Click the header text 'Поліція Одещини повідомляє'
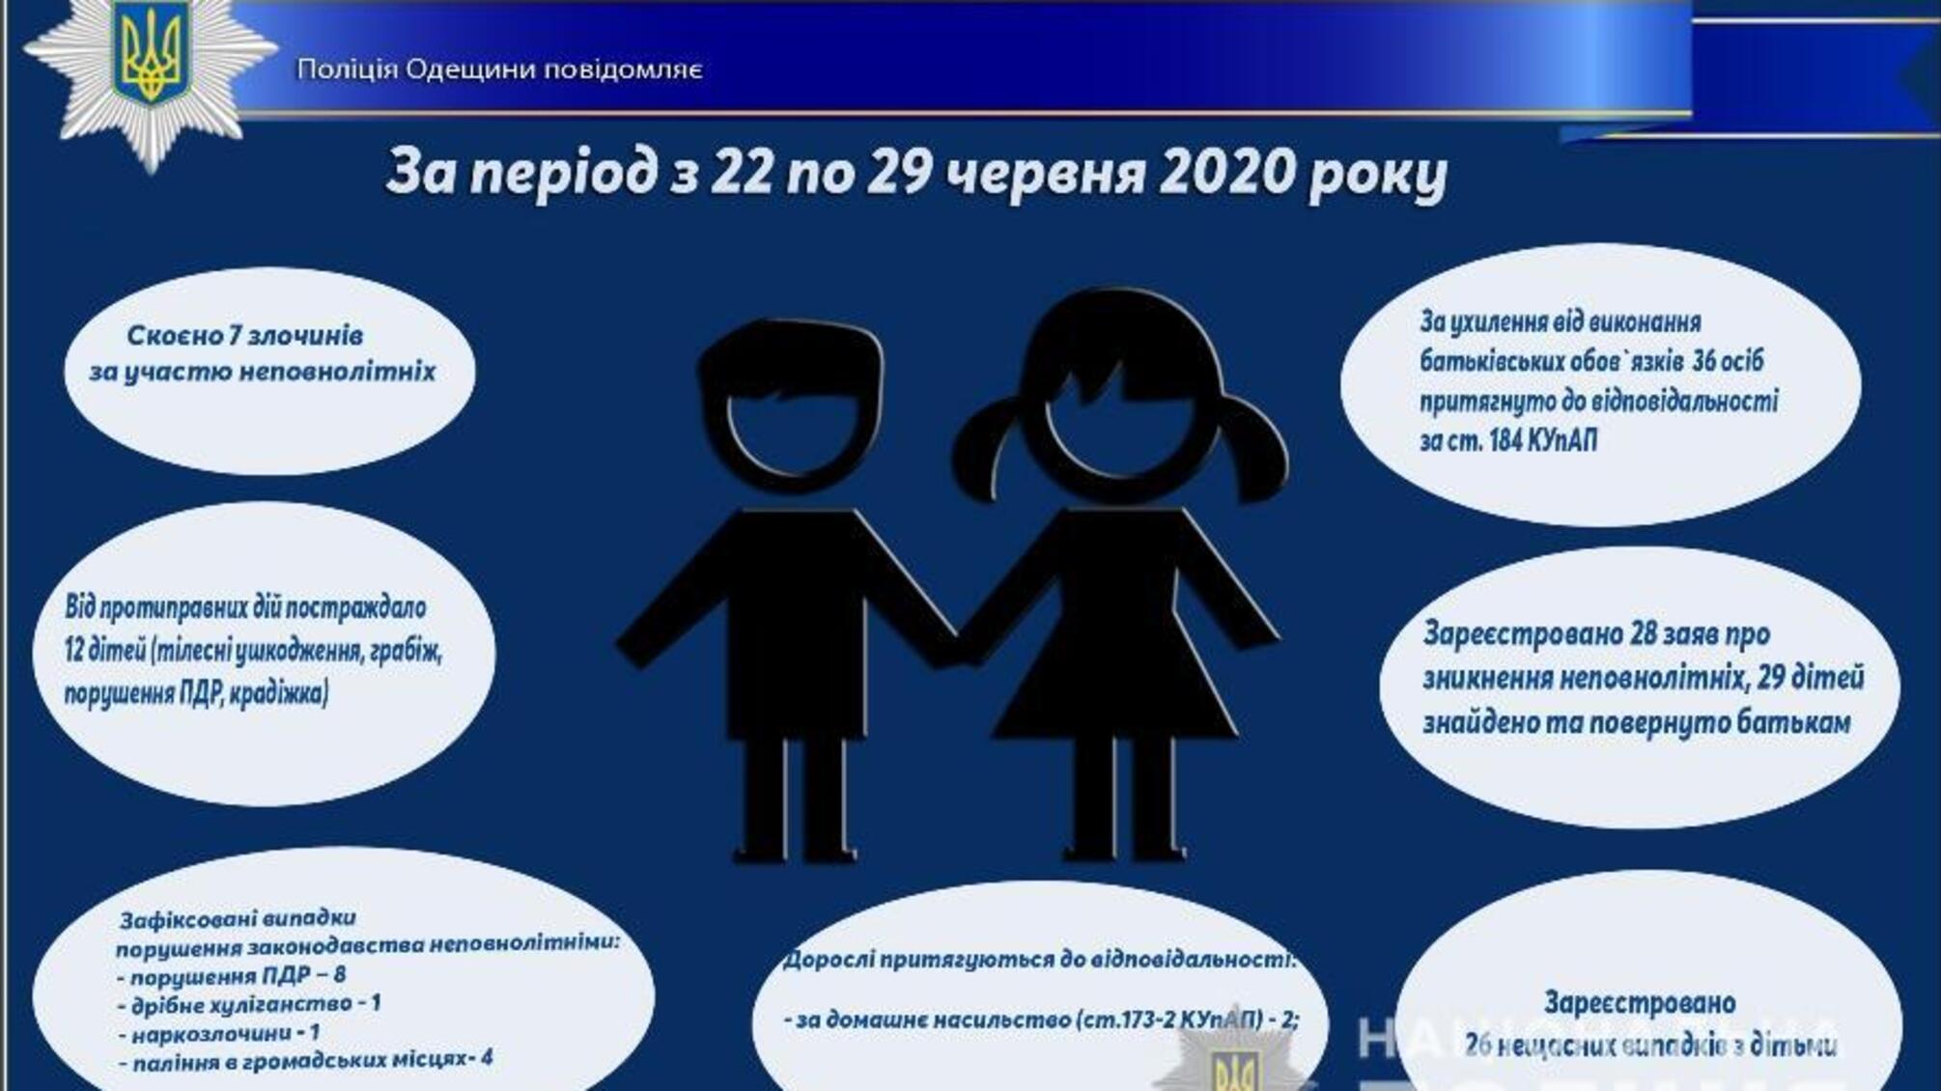click(x=499, y=70)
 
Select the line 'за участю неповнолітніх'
click(x=263, y=372)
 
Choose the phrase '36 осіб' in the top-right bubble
click(x=1728, y=361)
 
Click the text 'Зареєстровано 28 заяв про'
click(x=1596, y=634)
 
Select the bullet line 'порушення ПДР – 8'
click(x=232, y=975)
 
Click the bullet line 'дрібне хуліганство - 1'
click(x=249, y=1004)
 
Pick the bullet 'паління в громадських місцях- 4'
click(x=306, y=1059)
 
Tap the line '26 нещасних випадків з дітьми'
click(x=1649, y=1045)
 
